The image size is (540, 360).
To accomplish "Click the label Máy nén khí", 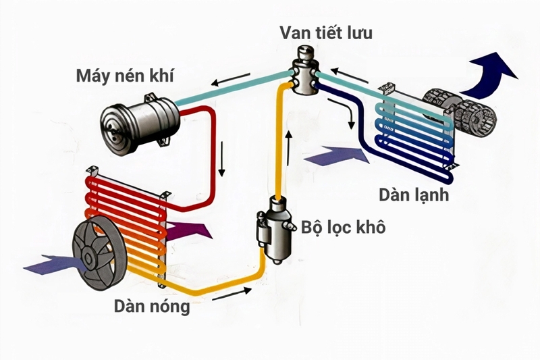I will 125,75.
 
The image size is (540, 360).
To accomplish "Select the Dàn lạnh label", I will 412,196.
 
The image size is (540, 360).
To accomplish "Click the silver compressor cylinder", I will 135,122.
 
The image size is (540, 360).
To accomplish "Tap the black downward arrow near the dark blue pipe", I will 351,122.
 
